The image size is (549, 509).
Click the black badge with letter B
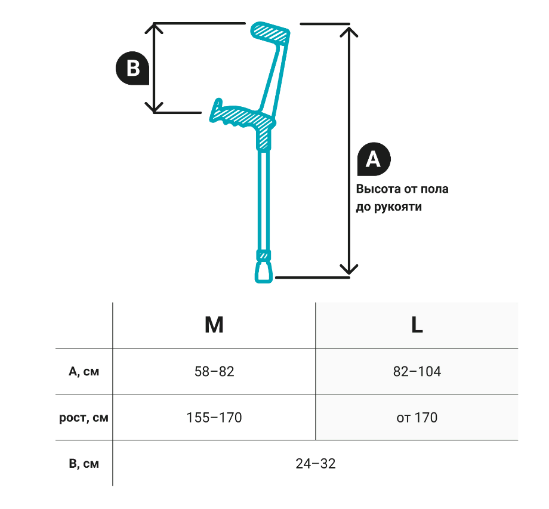[x=132, y=69]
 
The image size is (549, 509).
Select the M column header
[x=214, y=325]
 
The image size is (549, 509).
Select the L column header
[x=417, y=325]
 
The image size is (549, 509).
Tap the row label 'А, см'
[x=84, y=372]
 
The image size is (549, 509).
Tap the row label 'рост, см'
[x=84, y=418]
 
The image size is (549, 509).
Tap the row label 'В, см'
[x=84, y=464]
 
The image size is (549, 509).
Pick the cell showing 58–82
[x=214, y=372]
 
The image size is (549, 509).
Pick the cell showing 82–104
[x=417, y=372]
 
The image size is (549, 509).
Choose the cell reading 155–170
[x=214, y=418]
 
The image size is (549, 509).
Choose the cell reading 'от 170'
[x=417, y=418]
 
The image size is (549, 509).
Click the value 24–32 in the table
[x=315, y=464]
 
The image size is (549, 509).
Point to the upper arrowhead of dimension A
[x=348, y=30]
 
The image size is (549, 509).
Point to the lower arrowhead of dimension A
[x=348, y=270]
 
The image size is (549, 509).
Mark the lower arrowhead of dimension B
[x=155, y=107]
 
